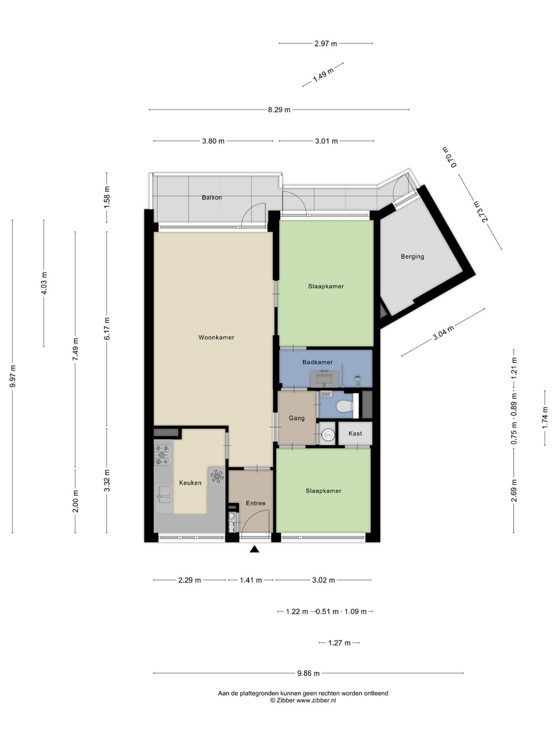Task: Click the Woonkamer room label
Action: [x=216, y=337]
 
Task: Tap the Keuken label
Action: [x=190, y=483]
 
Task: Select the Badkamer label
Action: [x=317, y=362]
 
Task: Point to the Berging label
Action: [x=412, y=256]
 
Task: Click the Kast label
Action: [x=355, y=433]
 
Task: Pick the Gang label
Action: [x=297, y=418]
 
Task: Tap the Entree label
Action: [x=255, y=503]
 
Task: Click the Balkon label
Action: [x=211, y=197]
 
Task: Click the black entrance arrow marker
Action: [x=254, y=549]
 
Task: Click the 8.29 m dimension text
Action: [x=279, y=110]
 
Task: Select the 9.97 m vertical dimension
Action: [x=12, y=377]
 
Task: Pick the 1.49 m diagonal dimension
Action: [x=323, y=74]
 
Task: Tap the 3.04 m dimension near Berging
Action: [x=443, y=332]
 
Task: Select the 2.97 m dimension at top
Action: [x=325, y=43]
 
